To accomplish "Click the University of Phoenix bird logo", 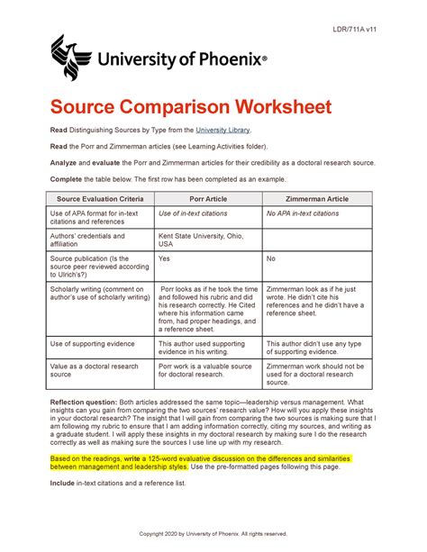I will tap(71, 59).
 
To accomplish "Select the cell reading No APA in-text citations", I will tap(303, 213).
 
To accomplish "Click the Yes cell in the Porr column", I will tap(165, 258).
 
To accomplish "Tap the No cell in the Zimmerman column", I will tap(271, 258).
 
